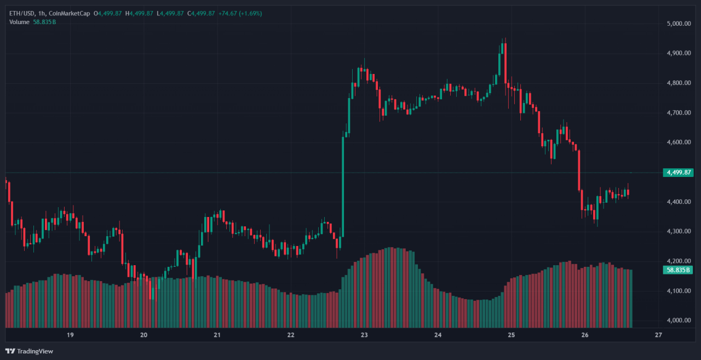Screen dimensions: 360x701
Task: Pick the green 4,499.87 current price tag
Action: pos(678,173)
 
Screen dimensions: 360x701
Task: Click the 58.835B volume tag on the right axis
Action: pos(678,270)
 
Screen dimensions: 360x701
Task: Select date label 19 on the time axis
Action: pos(70,335)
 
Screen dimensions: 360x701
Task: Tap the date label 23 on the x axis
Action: pos(364,335)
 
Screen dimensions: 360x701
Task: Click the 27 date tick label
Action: pos(658,335)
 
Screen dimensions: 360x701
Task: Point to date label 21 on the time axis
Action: pos(217,335)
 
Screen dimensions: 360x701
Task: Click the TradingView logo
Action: pos(30,351)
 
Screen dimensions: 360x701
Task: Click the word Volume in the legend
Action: pos(20,21)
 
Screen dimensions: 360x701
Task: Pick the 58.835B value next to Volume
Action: pos(44,21)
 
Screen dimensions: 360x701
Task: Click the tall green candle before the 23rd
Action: pos(343,186)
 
